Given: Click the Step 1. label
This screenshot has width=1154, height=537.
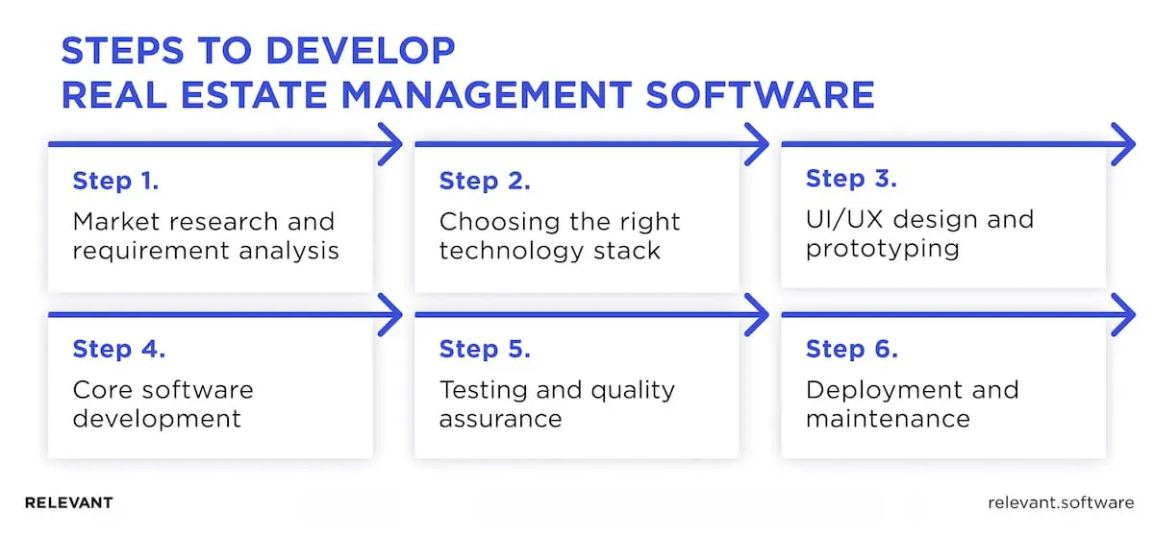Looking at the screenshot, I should pyautogui.click(x=115, y=181).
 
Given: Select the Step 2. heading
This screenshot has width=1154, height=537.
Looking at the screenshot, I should pyautogui.click(x=485, y=181).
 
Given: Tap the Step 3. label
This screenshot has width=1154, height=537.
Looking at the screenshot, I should pyautogui.click(x=851, y=179).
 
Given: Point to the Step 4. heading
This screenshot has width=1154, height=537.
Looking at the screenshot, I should pyautogui.click(x=118, y=350).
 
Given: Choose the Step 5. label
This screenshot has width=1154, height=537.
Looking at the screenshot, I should pyautogui.click(x=485, y=350).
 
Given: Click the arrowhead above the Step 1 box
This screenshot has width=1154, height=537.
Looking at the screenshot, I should pyautogui.click(x=390, y=145).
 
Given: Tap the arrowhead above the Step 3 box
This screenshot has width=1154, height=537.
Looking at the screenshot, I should pyautogui.click(x=1124, y=145).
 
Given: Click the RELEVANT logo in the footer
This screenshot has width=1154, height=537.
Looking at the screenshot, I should pyautogui.click(x=68, y=502).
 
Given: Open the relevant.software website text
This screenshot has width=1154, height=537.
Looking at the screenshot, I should pyautogui.click(x=1061, y=502).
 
